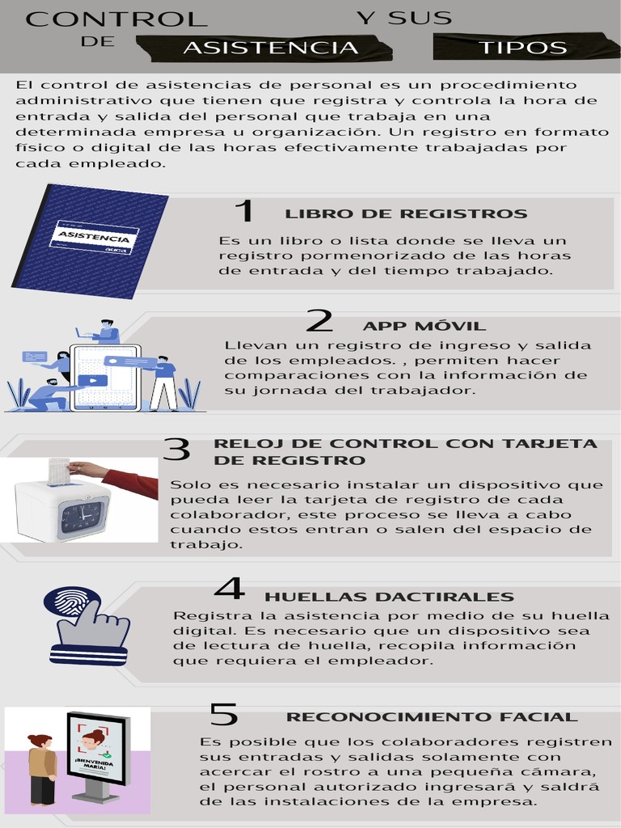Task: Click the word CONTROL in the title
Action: tap(116, 19)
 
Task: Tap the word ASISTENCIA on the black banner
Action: tap(270, 48)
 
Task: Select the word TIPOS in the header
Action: tap(523, 48)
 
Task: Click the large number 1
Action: tap(243, 212)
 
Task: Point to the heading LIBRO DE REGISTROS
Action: tap(406, 214)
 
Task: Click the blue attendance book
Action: tap(91, 240)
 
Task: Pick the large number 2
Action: tap(319, 322)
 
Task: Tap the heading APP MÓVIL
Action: tap(425, 326)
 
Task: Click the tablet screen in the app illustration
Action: tap(105, 377)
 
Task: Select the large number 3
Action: tap(176, 450)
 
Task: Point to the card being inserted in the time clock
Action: tap(58, 471)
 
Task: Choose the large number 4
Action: tap(229, 589)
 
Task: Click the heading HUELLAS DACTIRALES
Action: tap(389, 598)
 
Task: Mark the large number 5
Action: tap(224, 715)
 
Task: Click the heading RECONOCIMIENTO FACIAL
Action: tap(432, 717)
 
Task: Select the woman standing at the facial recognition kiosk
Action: tap(41, 769)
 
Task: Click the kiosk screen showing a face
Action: tap(95, 749)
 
